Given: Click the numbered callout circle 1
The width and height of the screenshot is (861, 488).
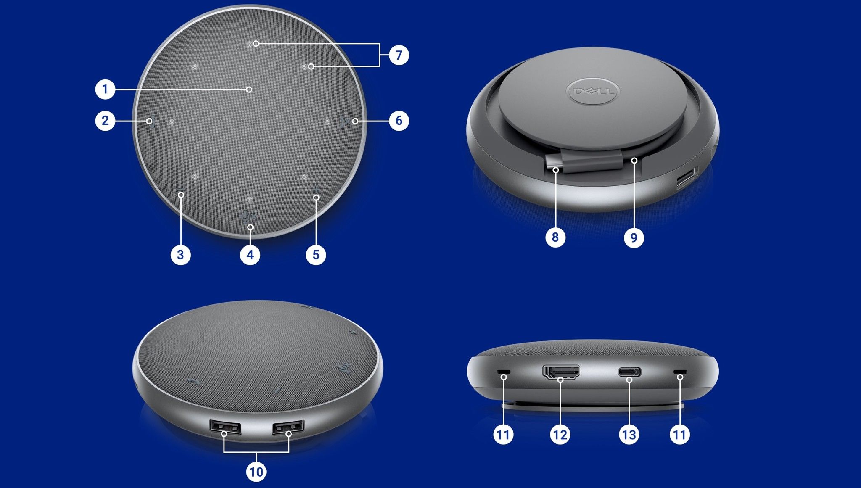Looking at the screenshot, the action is tap(105, 90).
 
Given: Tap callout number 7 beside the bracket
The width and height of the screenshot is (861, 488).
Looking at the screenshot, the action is tap(399, 55).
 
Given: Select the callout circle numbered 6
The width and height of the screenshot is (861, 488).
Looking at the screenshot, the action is tap(399, 121).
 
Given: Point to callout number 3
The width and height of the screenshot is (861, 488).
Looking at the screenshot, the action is tap(181, 255).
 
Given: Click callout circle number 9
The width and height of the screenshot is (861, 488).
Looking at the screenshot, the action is tap(634, 238).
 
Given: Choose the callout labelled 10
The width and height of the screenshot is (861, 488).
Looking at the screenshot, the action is tap(256, 472).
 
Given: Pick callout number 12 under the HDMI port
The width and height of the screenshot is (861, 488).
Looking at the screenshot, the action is tap(560, 435).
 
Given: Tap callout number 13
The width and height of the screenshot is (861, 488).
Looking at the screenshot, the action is tap(629, 435).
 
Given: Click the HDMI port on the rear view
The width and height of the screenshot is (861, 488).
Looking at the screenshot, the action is tap(561, 371).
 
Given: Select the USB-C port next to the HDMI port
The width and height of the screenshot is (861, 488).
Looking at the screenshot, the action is tap(629, 372).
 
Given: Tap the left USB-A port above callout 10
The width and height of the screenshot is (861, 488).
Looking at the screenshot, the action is tap(225, 427).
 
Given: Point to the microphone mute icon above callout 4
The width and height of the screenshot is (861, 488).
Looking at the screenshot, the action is tap(248, 216).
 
